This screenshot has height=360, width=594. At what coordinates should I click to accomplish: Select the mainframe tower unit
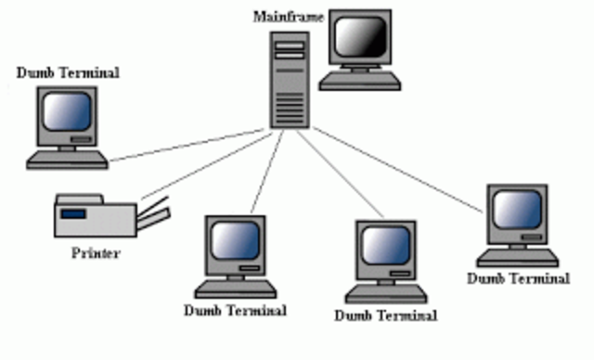pyautogui.click(x=290, y=79)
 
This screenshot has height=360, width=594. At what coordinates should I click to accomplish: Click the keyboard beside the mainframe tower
pyautogui.click(x=361, y=82)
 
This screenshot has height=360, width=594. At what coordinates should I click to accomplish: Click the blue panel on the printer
pyautogui.click(x=73, y=215)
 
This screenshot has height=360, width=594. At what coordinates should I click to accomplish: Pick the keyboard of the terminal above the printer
pyautogui.click(x=67, y=160)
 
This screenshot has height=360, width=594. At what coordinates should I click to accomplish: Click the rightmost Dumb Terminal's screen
pyautogui.click(x=516, y=210)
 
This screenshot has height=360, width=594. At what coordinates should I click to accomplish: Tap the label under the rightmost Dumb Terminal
pyautogui.click(x=518, y=277)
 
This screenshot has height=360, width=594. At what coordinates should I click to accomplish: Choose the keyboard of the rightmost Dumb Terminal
pyautogui.click(x=517, y=257)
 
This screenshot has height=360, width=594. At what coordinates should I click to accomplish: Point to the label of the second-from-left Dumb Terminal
pyautogui.click(x=236, y=309)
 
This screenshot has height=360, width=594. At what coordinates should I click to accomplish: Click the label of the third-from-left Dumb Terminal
pyautogui.click(x=385, y=315)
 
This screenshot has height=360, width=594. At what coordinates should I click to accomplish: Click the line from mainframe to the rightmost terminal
pyautogui.click(x=399, y=172)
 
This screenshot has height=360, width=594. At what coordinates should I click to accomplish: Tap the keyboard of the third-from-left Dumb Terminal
pyautogui.click(x=386, y=294)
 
